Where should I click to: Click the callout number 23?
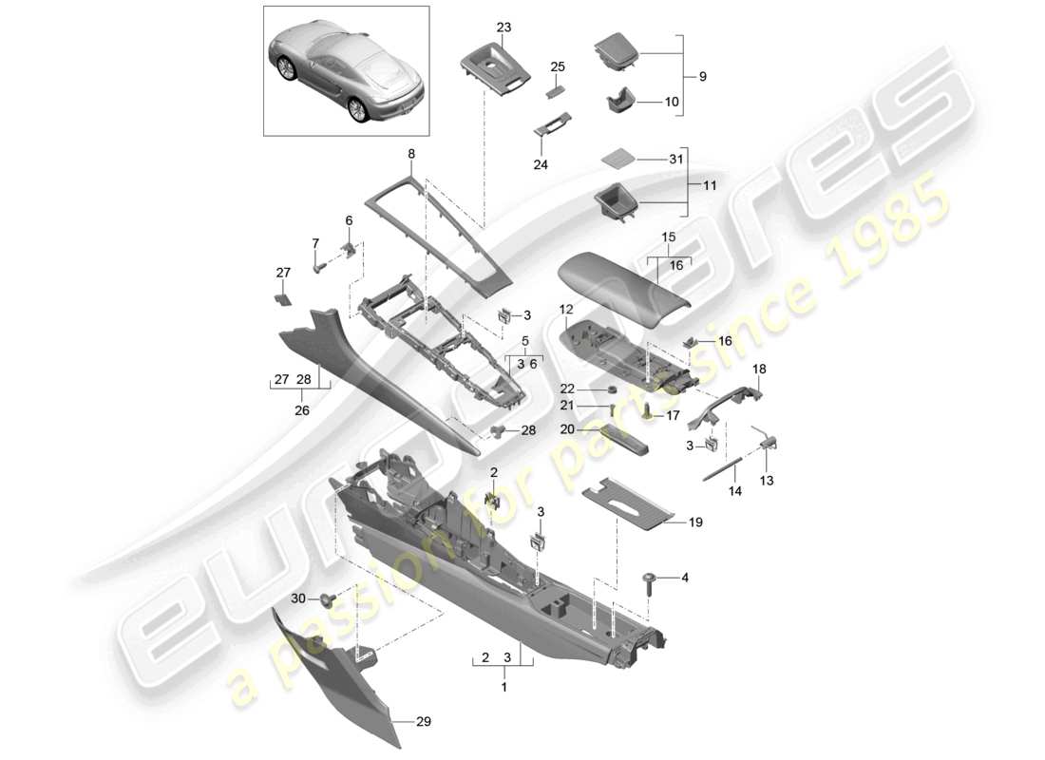503,28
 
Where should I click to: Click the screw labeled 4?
651,581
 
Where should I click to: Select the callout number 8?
411,154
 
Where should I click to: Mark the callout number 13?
767,482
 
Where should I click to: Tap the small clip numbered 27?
282,297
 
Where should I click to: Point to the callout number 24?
540,164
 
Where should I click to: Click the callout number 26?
301,411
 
